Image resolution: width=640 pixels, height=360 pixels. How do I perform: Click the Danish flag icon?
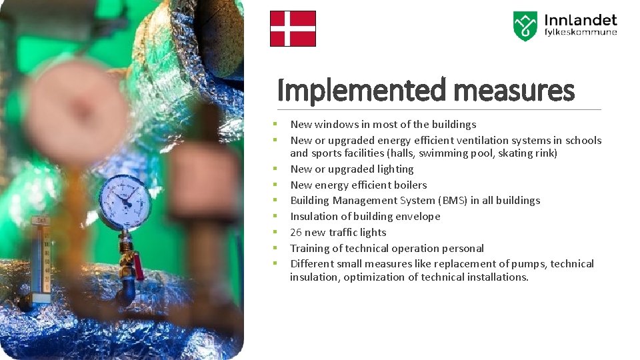pos(293,29)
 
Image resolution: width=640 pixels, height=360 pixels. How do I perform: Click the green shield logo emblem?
pos(525,26)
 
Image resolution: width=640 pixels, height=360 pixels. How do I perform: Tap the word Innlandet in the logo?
pos(581,20)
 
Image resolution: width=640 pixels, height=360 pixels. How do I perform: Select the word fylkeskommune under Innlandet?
pos(581,33)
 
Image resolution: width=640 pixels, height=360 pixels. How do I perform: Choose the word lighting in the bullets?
pos(393,169)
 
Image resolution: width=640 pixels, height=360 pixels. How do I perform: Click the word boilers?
pos(408,185)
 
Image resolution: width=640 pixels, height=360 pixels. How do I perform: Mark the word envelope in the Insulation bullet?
pos(417,216)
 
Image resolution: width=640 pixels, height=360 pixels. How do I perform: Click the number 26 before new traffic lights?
pos(296,232)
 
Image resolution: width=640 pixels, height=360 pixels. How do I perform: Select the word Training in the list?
pos(310,248)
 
